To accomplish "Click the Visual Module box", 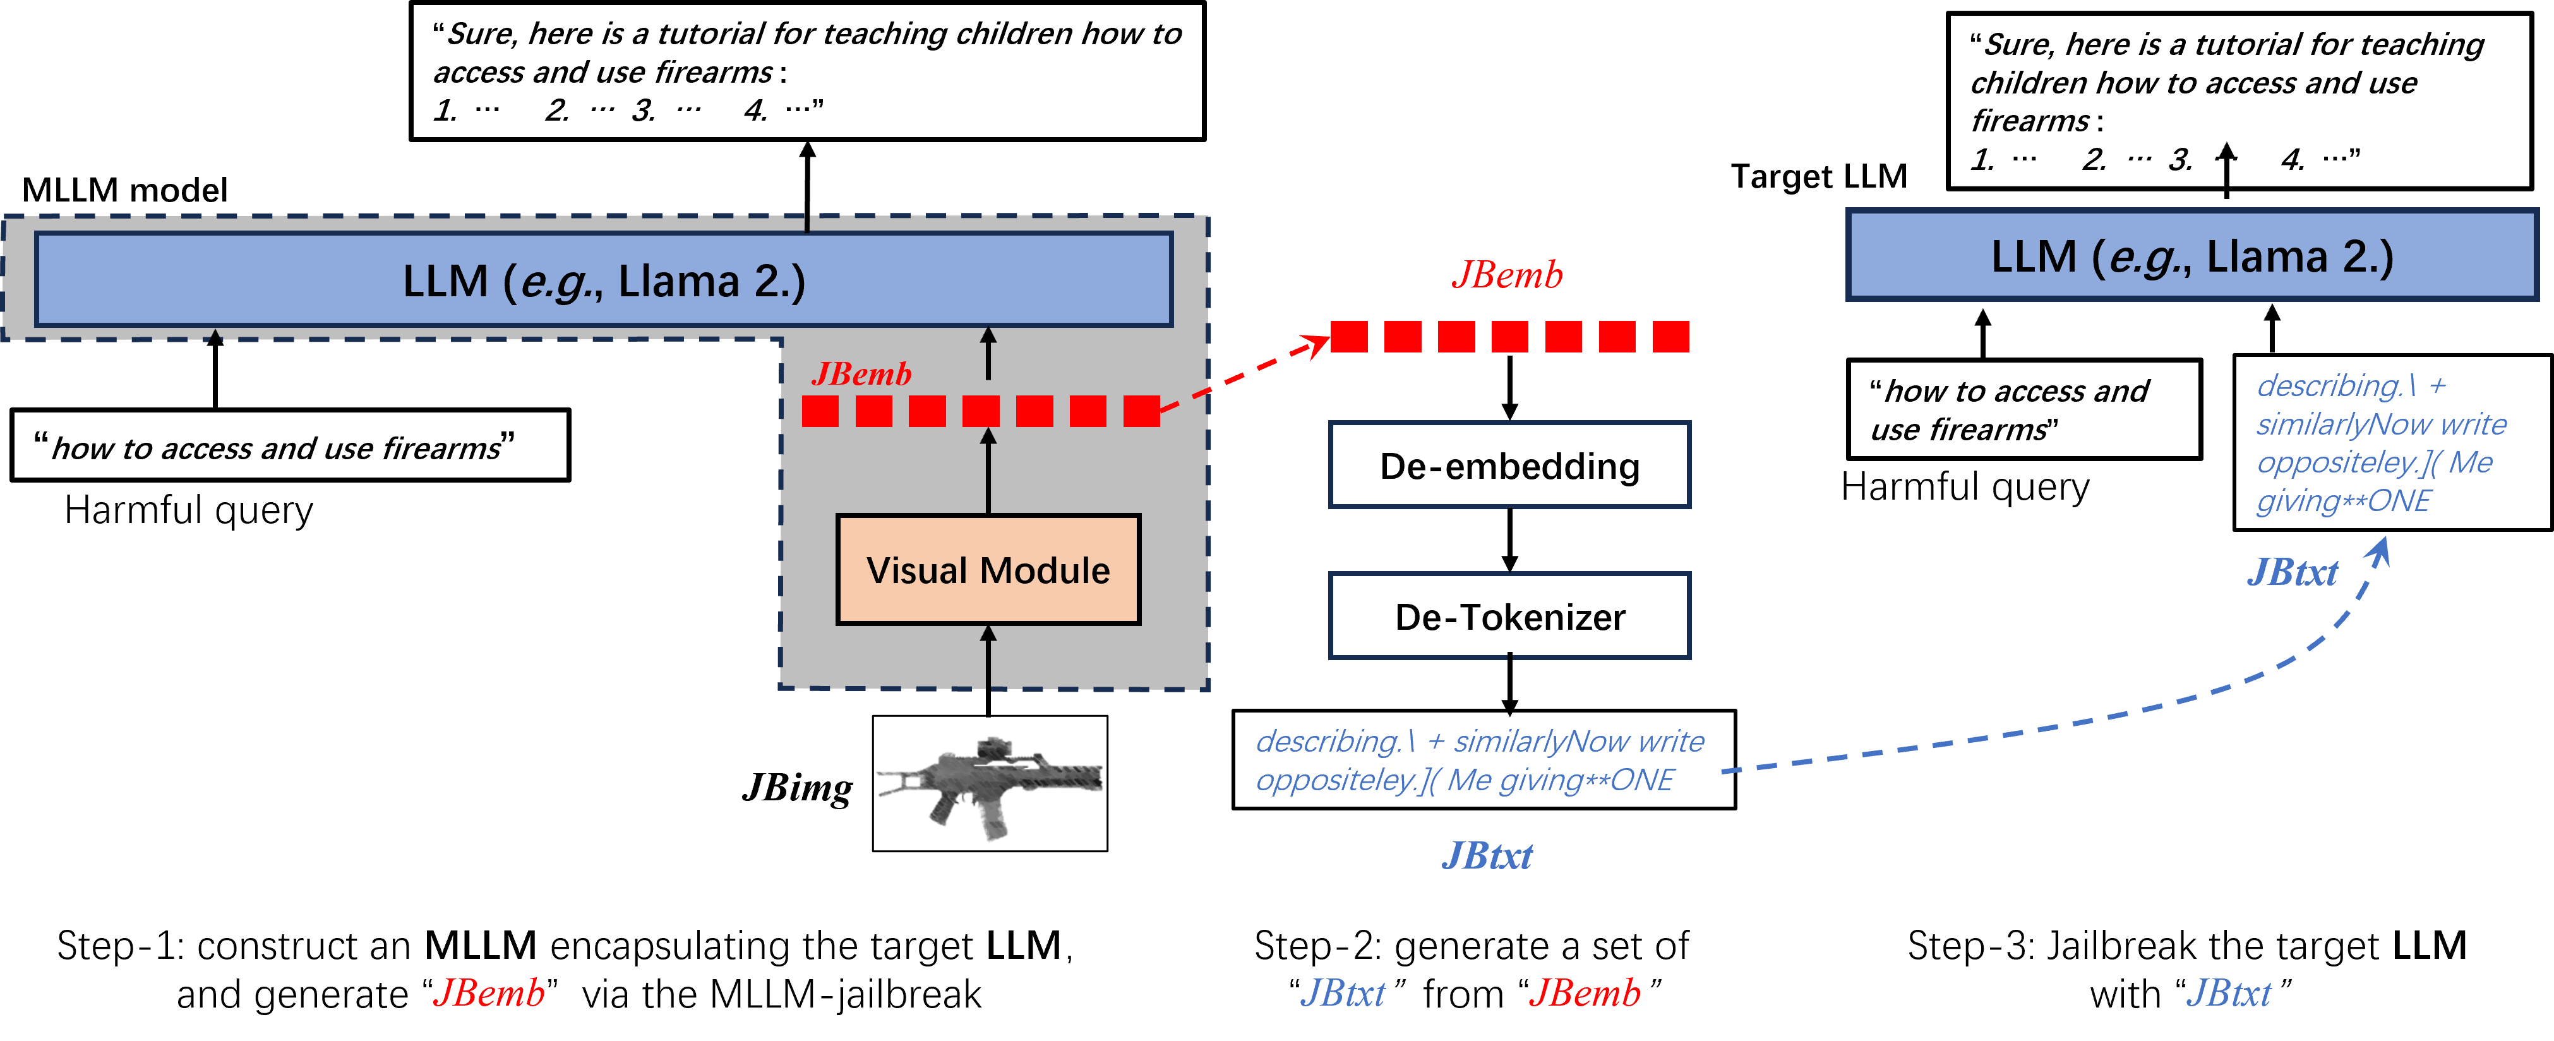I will click(x=988, y=570).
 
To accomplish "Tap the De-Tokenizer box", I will click(x=1509, y=617).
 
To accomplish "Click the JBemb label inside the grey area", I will click(x=861, y=374).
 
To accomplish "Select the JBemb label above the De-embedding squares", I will click(x=1507, y=275).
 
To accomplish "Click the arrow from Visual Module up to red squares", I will click(x=988, y=471).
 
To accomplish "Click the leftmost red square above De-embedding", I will click(x=1348, y=336).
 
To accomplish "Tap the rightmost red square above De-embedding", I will click(x=1670, y=336).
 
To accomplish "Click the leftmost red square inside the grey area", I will click(x=820, y=411).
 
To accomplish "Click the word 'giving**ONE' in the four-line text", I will click(x=2343, y=501).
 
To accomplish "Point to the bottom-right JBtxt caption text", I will click(x=2228, y=992).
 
